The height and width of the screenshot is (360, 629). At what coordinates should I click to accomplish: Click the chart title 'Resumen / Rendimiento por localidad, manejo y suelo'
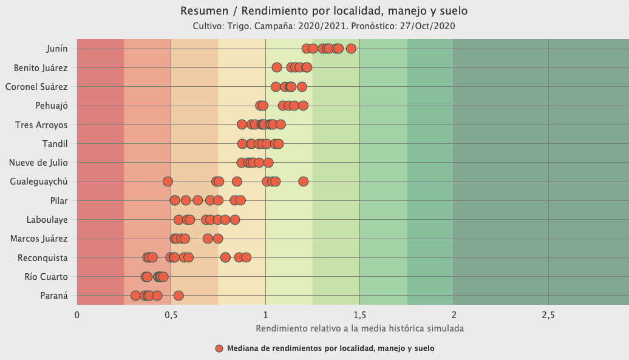[324, 11]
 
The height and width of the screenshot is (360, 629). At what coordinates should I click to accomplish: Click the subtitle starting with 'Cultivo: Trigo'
[324, 26]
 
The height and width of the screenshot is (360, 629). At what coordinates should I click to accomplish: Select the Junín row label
[56, 49]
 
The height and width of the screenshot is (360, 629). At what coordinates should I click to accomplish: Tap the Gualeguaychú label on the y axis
[39, 182]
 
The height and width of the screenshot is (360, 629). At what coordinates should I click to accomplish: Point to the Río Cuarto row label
[46, 277]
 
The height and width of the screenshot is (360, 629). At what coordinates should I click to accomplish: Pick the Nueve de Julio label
[38, 163]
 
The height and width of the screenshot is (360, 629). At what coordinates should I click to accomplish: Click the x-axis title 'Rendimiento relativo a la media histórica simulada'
[359, 328]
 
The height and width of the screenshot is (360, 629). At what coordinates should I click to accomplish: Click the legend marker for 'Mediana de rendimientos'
[220, 348]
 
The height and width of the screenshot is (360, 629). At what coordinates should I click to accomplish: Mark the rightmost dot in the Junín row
[351, 49]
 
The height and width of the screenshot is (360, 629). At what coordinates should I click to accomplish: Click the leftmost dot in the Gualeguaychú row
[168, 182]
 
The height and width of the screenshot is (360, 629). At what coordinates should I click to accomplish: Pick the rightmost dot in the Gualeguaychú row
[304, 182]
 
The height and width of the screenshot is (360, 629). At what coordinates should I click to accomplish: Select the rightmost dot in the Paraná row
[178, 296]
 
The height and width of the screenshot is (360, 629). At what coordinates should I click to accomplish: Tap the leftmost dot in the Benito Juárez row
[277, 67]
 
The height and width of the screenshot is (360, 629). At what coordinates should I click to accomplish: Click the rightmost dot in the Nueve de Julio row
[268, 163]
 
